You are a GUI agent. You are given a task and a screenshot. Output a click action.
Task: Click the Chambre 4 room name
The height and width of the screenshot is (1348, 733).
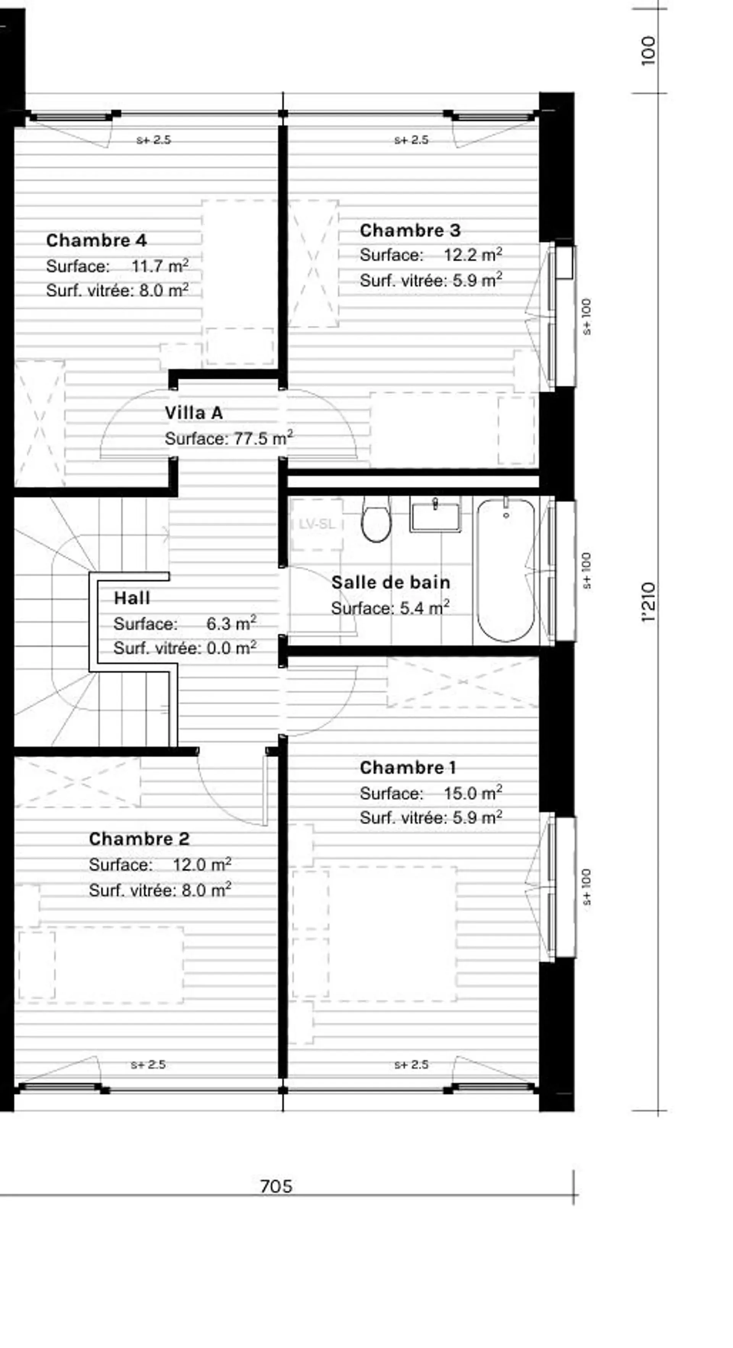96,240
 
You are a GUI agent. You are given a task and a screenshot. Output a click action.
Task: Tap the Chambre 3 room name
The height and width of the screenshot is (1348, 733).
410,230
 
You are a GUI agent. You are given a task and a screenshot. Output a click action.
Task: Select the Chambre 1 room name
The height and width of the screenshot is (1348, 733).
408,768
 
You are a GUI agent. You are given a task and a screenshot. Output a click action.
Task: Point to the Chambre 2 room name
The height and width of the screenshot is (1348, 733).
139,839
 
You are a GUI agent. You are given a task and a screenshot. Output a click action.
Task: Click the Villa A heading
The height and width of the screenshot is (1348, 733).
194,413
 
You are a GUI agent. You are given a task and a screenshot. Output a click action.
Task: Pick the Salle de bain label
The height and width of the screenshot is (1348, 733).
391,582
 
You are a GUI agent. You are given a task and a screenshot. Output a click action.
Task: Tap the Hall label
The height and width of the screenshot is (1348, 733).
132,598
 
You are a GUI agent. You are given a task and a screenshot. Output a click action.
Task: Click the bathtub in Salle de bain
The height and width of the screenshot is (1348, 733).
506,570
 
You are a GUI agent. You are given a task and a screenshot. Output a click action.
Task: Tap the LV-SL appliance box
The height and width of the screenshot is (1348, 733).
317,524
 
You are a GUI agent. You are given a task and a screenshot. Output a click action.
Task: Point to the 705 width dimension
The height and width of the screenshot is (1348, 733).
276,1172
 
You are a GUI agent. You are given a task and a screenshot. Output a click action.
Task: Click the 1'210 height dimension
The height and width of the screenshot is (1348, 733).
649,602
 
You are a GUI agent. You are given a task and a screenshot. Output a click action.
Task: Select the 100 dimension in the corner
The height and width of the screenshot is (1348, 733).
648,51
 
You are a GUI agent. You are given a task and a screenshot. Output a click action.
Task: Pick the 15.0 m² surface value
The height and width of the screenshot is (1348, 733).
473,793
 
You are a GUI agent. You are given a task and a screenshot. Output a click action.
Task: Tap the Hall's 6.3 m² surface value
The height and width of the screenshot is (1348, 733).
231,623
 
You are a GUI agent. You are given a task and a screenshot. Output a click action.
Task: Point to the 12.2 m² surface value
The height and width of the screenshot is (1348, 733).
473,255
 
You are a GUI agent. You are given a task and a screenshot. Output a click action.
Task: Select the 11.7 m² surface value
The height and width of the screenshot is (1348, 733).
160,266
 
